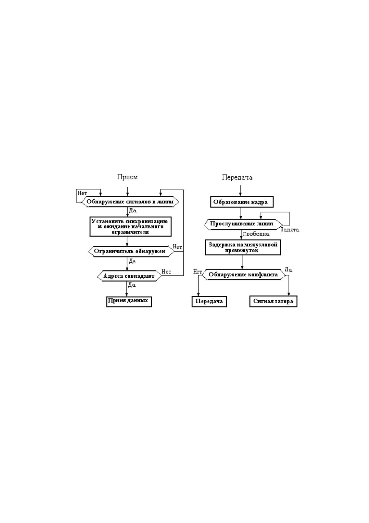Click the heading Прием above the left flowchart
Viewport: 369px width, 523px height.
coord(127,177)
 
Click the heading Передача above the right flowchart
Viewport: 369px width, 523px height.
coord(237,177)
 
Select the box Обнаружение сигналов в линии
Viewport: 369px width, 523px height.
coord(130,202)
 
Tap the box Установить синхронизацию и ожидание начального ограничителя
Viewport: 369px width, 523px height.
coord(131,226)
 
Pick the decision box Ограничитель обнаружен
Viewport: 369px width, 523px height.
coord(131,252)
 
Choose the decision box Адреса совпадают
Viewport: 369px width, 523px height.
coord(129,276)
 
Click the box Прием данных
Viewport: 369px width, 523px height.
coord(129,302)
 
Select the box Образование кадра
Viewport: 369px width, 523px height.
coord(242,202)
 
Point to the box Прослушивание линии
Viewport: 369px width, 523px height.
coord(244,224)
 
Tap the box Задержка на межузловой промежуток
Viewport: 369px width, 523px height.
coord(243,248)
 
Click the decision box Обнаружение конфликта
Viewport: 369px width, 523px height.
coord(244,275)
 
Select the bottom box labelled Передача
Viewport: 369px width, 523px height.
coord(209,302)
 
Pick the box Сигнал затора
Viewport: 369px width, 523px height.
coord(273,302)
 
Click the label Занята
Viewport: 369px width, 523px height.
coord(290,230)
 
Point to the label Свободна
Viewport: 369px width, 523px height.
coord(256,234)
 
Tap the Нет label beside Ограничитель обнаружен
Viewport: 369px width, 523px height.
coord(177,247)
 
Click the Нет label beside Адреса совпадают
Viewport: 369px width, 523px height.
coord(167,271)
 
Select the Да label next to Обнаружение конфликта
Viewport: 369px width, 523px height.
coord(288,270)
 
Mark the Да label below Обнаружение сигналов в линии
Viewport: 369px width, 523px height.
coord(133,211)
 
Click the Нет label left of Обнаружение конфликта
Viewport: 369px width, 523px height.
coord(198,272)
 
